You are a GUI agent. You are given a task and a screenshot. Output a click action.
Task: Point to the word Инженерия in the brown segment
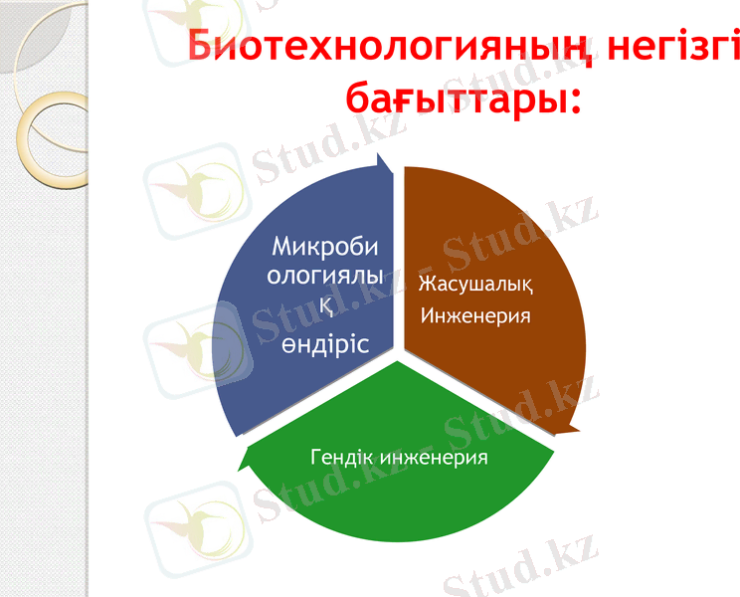click(475, 315)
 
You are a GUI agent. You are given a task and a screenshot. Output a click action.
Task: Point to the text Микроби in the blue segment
click(325, 245)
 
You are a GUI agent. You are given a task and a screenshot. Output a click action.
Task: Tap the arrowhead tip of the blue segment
click(378, 158)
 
